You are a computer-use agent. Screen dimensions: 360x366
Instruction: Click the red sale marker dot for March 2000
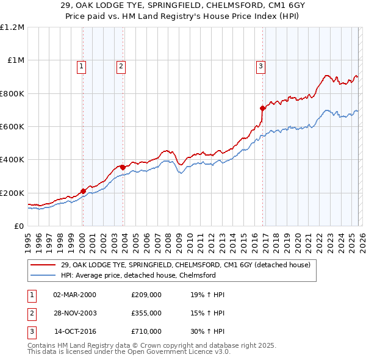83,191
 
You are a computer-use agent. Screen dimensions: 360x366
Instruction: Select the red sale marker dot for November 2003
123,167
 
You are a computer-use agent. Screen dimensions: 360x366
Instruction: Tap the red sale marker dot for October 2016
262,109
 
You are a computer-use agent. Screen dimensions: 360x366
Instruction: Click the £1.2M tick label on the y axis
12,27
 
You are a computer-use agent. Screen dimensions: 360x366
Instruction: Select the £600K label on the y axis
12,126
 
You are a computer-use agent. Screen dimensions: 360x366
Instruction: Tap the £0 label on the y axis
19,226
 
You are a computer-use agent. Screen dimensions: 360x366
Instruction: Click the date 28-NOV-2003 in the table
74,313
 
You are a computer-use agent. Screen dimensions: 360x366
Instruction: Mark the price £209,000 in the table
146,295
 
